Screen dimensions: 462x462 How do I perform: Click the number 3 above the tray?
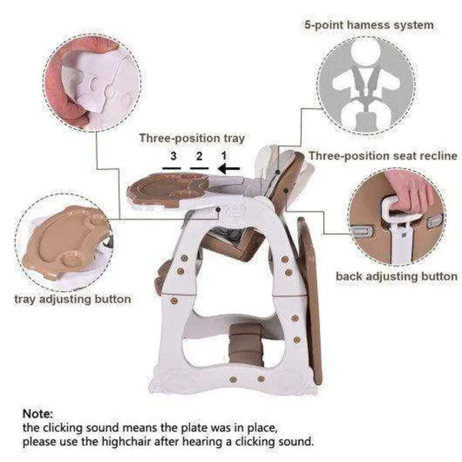point(173,156)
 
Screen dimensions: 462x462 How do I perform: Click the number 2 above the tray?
point(199,156)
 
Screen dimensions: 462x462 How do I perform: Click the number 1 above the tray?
point(224,156)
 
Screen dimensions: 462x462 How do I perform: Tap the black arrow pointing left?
point(229,169)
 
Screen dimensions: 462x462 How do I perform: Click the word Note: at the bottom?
point(38,413)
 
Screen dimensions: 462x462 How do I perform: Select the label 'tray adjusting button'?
point(72,300)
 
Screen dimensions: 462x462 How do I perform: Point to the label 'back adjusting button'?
point(397,276)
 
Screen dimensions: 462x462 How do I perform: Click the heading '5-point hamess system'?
point(369,25)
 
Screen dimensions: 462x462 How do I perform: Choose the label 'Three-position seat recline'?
point(383,156)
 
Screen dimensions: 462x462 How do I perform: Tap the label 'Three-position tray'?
point(192,139)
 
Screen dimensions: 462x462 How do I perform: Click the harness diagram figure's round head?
point(366,52)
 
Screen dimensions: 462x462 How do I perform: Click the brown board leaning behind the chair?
point(310,300)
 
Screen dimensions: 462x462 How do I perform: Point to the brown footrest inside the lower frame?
point(246,344)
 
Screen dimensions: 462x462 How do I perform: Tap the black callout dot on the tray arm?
point(219,209)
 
